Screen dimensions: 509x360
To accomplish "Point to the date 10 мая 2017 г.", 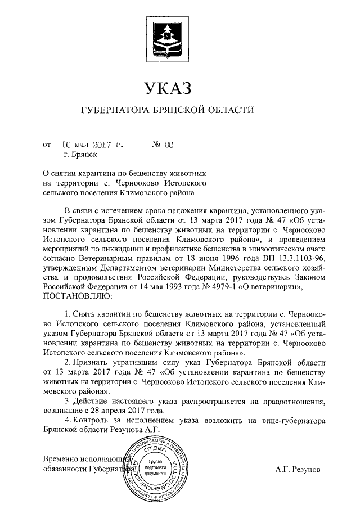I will coord(92,145).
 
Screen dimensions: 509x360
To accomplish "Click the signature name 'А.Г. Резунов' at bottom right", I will coord(296,468).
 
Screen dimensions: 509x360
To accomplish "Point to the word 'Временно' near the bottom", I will coord(61,458).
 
